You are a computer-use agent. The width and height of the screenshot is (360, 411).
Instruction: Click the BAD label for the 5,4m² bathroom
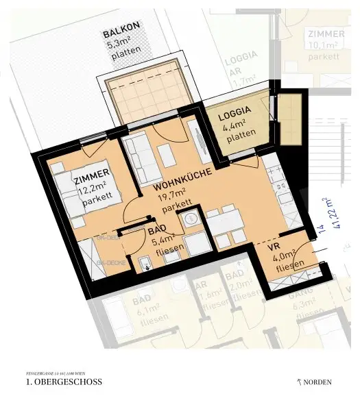(158, 231)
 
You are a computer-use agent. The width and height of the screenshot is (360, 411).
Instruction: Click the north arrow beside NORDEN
(298, 382)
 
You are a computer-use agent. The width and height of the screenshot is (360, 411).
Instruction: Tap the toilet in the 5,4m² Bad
(145, 264)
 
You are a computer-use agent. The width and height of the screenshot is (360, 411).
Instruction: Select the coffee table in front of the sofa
(165, 151)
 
